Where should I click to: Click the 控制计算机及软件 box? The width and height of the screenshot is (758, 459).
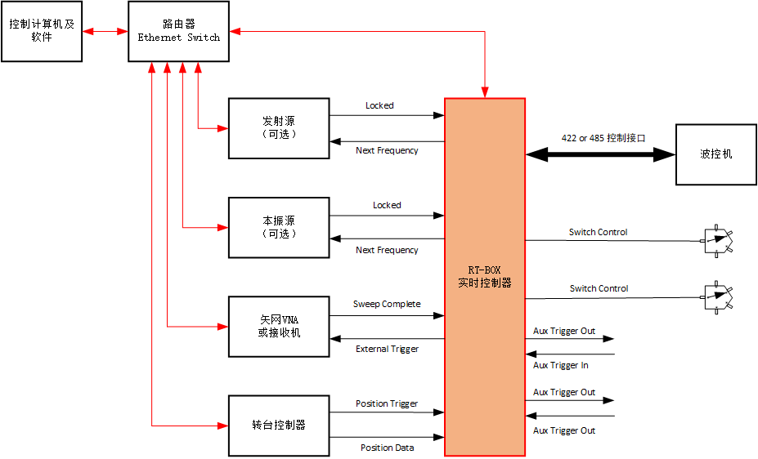[42, 31]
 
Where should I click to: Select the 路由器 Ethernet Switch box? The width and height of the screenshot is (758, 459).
[178, 31]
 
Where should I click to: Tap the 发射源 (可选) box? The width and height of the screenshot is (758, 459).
[279, 128]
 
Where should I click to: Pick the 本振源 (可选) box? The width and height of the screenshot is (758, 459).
[279, 227]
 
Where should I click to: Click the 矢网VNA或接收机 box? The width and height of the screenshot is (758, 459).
[279, 326]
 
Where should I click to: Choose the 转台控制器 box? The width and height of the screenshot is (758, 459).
[279, 426]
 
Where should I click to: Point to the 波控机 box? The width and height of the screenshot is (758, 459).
[716, 154]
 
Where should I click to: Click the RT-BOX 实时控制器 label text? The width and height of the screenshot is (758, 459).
[484, 276]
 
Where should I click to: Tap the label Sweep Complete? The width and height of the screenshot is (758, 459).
[387, 305]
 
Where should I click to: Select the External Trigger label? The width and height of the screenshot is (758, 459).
[387, 350]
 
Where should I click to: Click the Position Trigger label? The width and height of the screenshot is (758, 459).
[387, 403]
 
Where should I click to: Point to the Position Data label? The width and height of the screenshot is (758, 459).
[387, 448]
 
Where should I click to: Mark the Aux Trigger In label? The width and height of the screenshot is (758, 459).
[561, 366]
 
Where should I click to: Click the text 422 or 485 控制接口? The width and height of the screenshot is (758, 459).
[603, 138]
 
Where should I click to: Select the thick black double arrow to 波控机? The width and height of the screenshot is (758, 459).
[600, 154]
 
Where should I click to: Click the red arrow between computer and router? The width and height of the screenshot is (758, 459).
[105, 32]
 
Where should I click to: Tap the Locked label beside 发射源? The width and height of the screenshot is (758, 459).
[379, 105]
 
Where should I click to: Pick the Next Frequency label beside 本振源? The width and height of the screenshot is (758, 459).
[387, 250]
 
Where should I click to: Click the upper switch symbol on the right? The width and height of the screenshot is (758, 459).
[718, 240]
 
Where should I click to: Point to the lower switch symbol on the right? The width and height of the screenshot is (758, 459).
[718, 297]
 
